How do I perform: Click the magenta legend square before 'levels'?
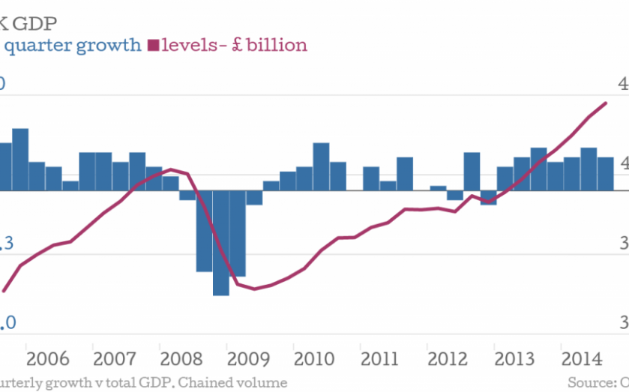(x=154, y=45)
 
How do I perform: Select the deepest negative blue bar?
(x=220, y=243)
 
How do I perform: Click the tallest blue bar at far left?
(x=20, y=160)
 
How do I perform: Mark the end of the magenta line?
(x=606, y=103)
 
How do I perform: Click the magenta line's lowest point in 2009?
(x=254, y=289)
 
